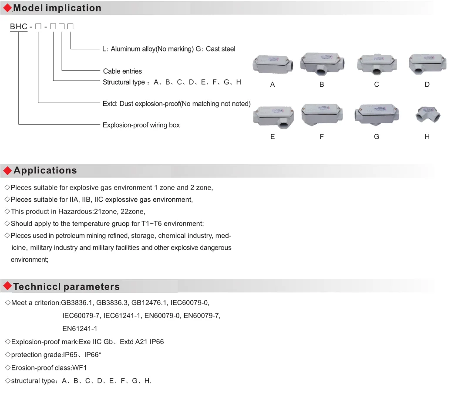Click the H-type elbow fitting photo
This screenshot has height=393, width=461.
428,115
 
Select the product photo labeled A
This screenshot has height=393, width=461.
273,64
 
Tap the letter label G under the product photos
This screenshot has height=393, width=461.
377,137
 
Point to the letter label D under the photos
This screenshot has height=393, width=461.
427,85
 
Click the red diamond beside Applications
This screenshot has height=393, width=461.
7,171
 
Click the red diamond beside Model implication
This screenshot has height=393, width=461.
7,8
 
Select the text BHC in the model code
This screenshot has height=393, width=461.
19,27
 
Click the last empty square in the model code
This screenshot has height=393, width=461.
70,27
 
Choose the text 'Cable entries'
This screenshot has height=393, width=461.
122,71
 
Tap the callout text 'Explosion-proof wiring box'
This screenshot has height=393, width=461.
141,125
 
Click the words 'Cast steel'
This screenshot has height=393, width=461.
221,49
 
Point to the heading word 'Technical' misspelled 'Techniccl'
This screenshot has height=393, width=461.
37,287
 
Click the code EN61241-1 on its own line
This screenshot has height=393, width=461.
80,329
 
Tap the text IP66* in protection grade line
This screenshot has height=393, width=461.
93,355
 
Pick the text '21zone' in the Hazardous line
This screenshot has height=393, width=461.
104,211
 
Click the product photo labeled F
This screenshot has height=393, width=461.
322,115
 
